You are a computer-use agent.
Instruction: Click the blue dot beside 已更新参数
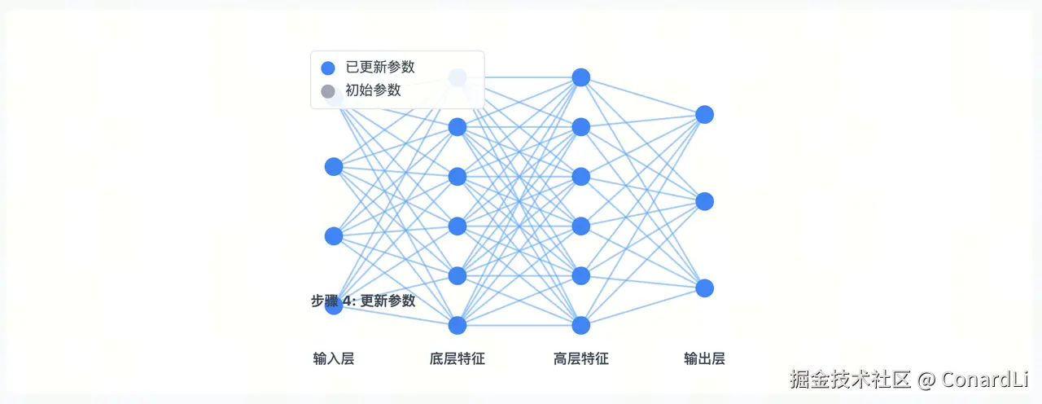(x=328, y=68)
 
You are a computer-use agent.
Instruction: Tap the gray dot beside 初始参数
(x=328, y=91)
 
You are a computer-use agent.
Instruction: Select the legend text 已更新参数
(x=380, y=68)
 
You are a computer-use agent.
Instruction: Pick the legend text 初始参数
(x=373, y=90)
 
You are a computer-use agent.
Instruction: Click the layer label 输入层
(x=334, y=358)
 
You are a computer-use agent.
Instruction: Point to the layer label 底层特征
(x=458, y=358)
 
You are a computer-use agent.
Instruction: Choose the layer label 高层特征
(x=581, y=358)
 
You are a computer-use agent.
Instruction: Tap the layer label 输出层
(x=705, y=358)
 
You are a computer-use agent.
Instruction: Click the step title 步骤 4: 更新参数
(x=363, y=301)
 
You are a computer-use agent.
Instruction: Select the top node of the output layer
(x=705, y=115)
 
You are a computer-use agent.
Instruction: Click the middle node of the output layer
(x=705, y=201)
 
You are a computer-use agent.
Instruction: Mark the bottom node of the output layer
(x=705, y=288)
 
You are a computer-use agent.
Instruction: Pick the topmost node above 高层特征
(x=581, y=77)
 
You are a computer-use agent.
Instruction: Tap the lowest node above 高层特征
(x=581, y=325)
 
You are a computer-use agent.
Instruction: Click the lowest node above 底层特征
(x=458, y=325)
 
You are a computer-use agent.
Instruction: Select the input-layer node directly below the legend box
(x=334, y=166)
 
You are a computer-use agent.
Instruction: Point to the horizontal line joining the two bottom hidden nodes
(x=519, y=325)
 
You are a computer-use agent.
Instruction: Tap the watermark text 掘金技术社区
(x=850, y=380)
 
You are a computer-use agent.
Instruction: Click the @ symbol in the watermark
(x=926, y=380)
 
